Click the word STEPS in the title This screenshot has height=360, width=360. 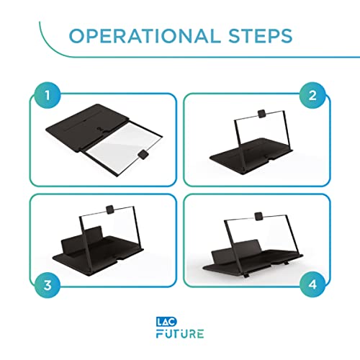click(x=260, y=36)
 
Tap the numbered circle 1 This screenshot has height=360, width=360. click(x=48, y=95)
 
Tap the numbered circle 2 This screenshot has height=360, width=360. click(x=312, y=95)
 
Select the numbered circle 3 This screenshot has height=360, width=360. click(x=48, y=285)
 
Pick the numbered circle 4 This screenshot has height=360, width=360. click(x=312, y=284)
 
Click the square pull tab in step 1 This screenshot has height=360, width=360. click(x=143, y=154)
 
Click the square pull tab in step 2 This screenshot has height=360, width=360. click(x=261, y=113)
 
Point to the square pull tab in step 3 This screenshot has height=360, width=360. click(x=110, y=210)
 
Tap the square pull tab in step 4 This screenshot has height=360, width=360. click(x=258, y=216)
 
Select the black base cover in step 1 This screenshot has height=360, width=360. click(x=86, y=127)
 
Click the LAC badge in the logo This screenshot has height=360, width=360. click(x=166, y=322)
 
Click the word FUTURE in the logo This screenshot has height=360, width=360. click(x=180, y=333)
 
